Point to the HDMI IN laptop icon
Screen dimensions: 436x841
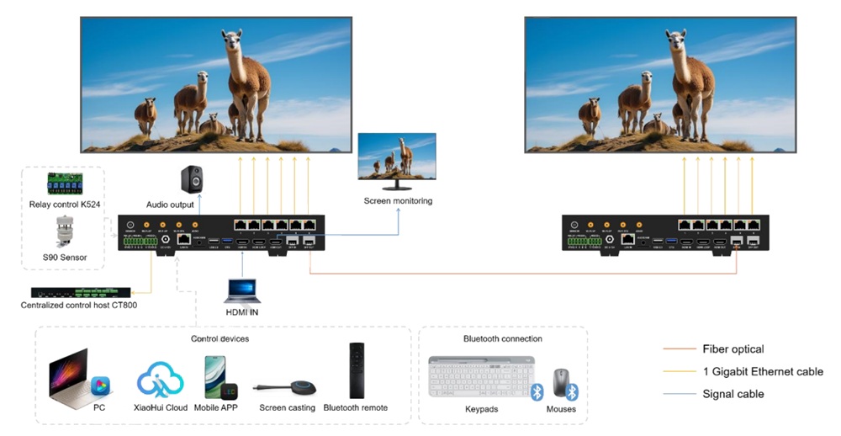click(242, 290)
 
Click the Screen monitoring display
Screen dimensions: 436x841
click(397, 157)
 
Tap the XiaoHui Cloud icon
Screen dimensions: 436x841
click(160, 379)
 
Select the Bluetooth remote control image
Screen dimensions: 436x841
click(356, 370)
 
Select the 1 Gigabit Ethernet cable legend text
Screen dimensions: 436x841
click(763, 371)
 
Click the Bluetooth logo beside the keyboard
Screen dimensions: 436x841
click(537, 391)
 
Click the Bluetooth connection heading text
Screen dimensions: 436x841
click(503, 338)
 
